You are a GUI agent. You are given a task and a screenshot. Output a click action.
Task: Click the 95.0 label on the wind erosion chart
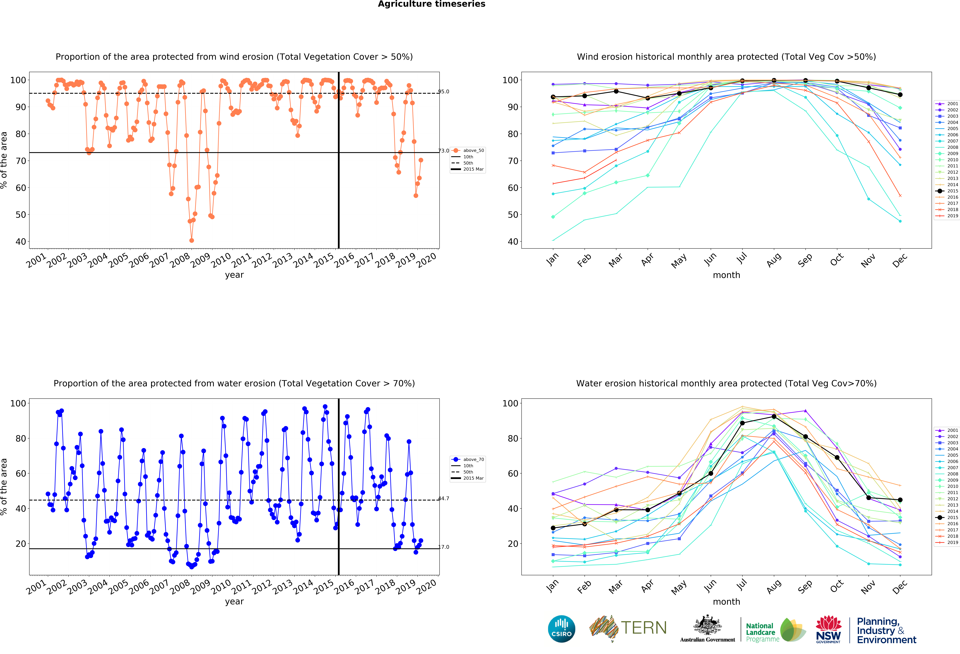pos(444,92)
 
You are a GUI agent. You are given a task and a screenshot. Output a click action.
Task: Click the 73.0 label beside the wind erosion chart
pos(444,151)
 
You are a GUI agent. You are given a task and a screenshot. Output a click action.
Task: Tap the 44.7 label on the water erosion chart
pos(444,498)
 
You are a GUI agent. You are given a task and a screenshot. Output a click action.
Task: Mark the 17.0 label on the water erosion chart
pos(444,547)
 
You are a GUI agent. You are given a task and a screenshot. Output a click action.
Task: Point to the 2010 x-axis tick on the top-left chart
pos(221,260)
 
